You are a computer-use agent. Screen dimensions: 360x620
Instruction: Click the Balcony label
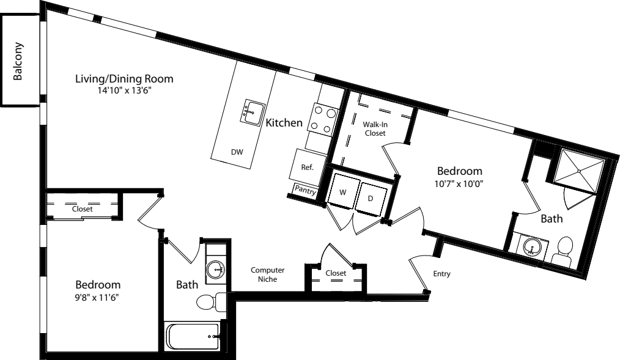coord(19,61)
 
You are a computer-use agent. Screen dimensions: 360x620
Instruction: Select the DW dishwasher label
coord(237,151)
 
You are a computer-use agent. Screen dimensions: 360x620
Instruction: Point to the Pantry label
coord(305,189)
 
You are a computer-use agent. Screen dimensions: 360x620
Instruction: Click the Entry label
coord(441,274)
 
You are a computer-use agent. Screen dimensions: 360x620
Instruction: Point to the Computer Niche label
coord(268,274)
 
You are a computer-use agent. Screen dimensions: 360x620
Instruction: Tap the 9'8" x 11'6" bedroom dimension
coord(98,298)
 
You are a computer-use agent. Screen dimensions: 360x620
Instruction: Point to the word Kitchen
coord(284,123)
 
